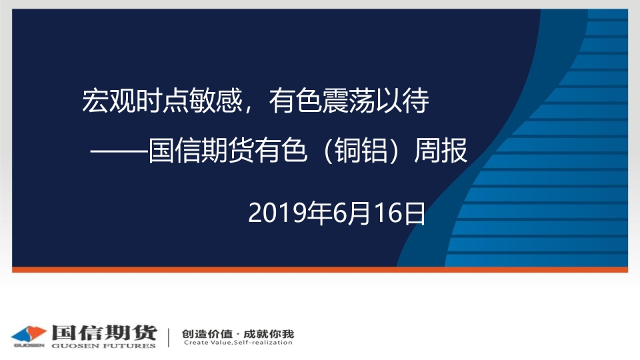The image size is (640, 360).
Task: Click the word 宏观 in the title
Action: pyautogui.click(x=109, y=101)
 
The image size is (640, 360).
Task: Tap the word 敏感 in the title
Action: pyautogui.click(x=216, y=101)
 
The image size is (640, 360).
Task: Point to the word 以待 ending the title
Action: pyautogui.click(x=403, y=101)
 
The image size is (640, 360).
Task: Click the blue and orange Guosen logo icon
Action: pyautogui.click(x=28, y=336)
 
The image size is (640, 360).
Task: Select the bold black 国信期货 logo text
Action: pyautogui.click(x=104, y=333)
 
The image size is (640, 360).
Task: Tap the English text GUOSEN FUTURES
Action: pyautogui.click(x=104, y=346)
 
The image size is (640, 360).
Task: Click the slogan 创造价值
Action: pyautogui.click(x=207, y=334)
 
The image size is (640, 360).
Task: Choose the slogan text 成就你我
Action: pyautogui.click(x=269, y=334)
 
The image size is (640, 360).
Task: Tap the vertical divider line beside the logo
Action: pyautogui.click(x=169, y=337)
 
